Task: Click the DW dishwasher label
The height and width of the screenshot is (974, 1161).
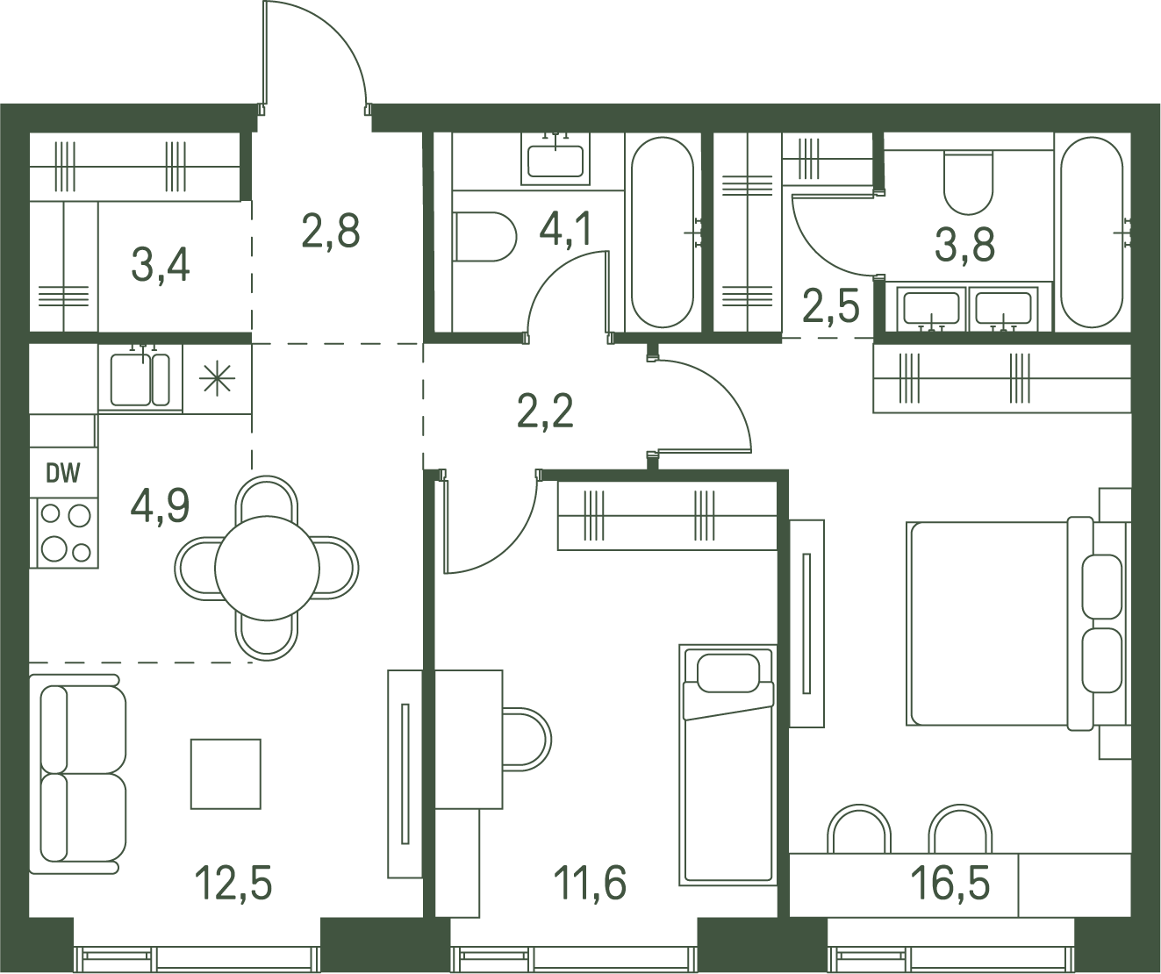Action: [x=63, y=473]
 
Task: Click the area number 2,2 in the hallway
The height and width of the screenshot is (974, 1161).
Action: [x=545, y=411]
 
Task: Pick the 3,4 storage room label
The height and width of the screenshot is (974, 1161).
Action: [x=160, y=266]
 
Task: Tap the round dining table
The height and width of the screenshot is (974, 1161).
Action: [x=267, y=568]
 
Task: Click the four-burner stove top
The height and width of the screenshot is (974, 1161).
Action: [x=65, y=533]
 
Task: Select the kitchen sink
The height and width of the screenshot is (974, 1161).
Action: [x=140, y=379]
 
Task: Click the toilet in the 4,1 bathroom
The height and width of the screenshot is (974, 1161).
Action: [x=485, y=236]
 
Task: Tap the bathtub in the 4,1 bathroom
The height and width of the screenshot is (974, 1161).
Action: [x=663, y=233]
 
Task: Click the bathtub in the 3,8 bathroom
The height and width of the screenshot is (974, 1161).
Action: [x=1092, y=233]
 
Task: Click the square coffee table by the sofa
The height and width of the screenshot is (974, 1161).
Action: [x=226, y=774]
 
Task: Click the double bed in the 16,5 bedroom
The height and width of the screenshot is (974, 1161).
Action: [x=1001, y=623]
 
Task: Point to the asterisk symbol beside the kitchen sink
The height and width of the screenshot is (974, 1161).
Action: [x=218, y=378]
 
